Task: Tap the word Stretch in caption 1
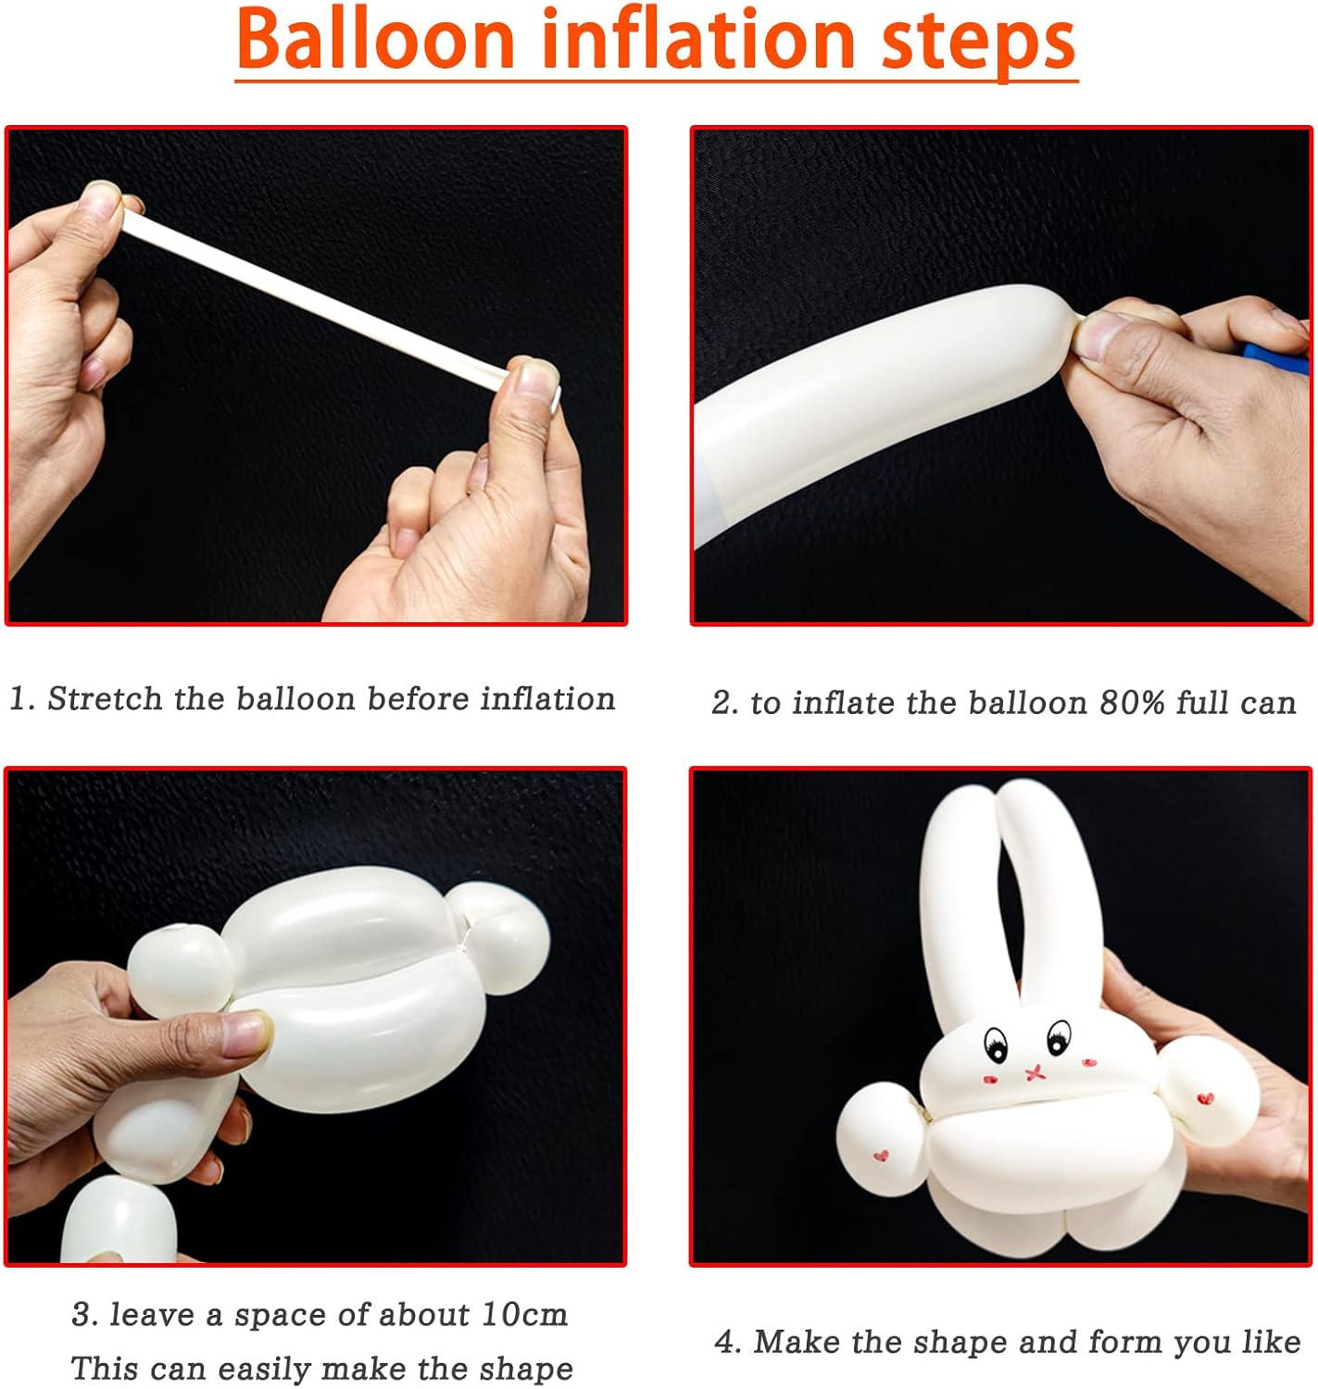click(105, 698)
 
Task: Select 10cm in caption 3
click(524, 1314)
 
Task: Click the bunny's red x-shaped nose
click(1035, 1073)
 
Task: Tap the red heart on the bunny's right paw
click(1205, 1099)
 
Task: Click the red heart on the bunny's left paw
click(881, 1155)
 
